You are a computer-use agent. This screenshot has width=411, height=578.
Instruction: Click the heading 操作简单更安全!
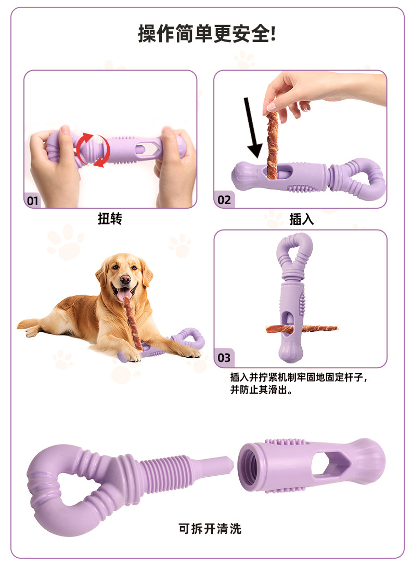[207, 34]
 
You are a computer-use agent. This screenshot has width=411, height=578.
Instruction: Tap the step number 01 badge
[32, 201]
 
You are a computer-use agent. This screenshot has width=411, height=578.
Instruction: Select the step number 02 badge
[224, 200]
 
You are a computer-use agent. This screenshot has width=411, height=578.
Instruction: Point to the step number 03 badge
[224, 358]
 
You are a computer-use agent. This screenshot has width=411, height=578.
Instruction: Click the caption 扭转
[110, 219]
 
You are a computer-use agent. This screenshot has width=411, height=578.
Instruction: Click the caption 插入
[301, 219]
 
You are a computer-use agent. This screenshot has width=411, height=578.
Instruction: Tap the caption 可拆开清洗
[210, 529]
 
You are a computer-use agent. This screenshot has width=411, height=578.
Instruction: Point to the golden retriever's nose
[125, 280]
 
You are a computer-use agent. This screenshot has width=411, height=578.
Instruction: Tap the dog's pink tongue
[124, 294]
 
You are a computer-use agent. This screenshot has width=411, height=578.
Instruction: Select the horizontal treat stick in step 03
[301, 328]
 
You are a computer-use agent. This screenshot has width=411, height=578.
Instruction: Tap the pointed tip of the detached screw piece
[233, 466]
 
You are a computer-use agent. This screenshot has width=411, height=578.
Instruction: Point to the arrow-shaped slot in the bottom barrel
[329, 464]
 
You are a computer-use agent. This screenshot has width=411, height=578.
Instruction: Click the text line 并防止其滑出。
[262, 389]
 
